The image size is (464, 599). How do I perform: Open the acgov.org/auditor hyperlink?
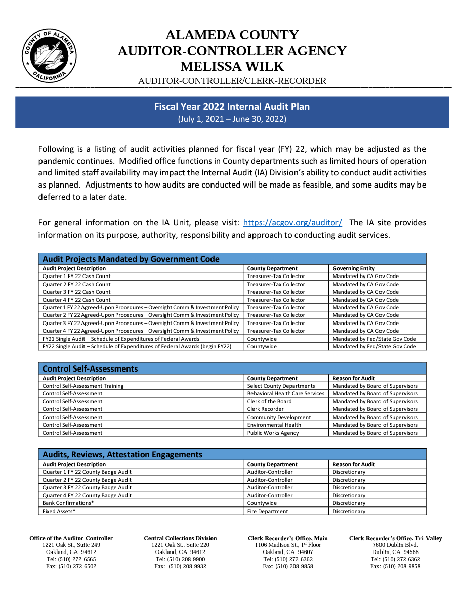click(292, 222)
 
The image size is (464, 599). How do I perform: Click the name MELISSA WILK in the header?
click(232, 66)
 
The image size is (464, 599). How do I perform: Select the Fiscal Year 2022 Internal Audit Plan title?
click(232, 107)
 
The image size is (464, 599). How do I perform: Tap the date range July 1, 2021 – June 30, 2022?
click(232, 119)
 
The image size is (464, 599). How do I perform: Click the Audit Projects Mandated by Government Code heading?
click(131, 259)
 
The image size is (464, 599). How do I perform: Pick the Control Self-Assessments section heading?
click(90, 368)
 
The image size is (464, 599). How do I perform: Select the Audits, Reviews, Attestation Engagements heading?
click(122, 454)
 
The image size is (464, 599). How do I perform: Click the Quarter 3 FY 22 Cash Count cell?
click(76, 292)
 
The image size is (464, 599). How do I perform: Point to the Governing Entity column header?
click(354, 268)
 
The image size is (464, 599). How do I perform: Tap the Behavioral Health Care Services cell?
click(285, 393)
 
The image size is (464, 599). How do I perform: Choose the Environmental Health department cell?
click(274, 425)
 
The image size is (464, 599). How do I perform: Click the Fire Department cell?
click(267, 511)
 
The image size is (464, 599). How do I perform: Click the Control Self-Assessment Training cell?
click(83, 386)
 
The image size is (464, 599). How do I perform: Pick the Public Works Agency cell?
click(273, 433)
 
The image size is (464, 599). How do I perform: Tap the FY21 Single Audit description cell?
click(121, 339)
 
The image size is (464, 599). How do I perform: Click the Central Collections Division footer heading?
click(180, 538)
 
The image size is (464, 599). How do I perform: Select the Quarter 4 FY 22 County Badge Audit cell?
click(87, 495)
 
